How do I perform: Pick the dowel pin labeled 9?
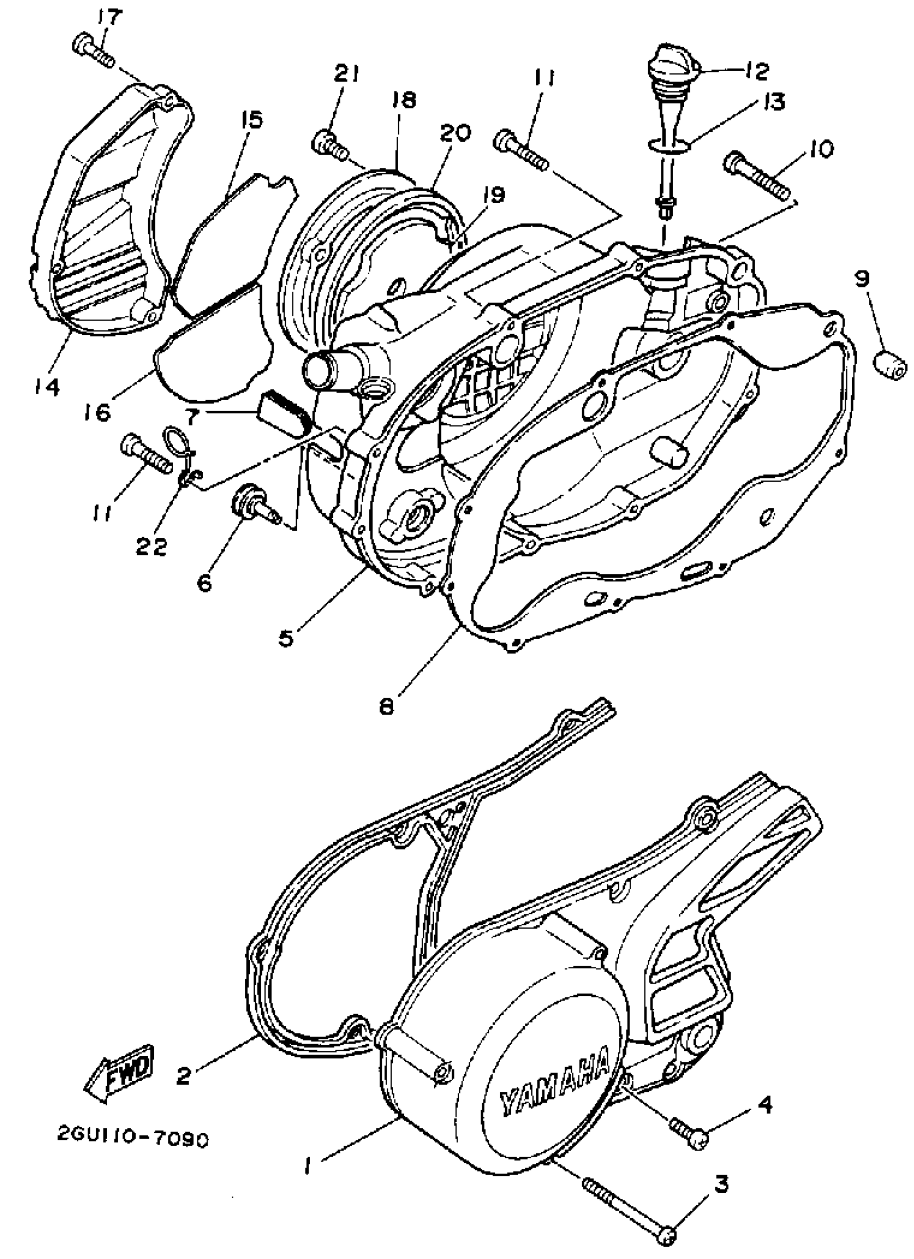(x=890, y=365)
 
